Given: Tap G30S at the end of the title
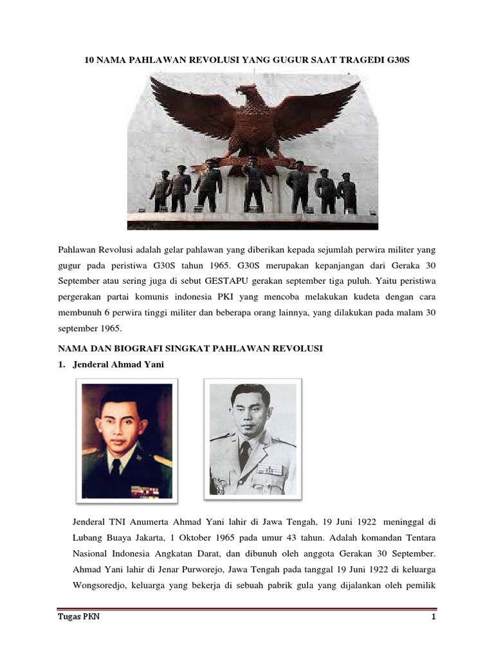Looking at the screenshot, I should (396, 60).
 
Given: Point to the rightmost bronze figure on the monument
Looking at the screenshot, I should (348, 191).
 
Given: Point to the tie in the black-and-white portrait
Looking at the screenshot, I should (246, 454).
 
